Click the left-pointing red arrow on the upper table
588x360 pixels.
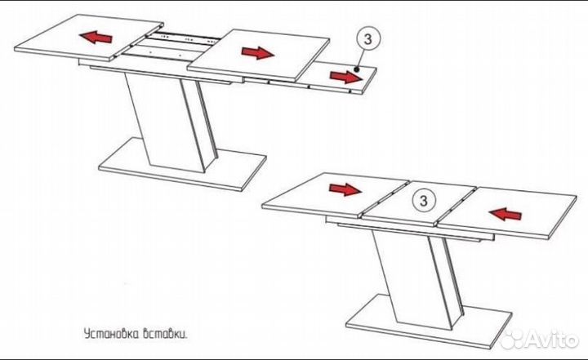tap(96, 37)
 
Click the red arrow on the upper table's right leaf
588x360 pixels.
tap(257, 53)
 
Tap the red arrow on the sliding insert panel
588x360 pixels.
tap(346, 77)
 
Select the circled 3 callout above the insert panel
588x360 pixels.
tap(367, 39)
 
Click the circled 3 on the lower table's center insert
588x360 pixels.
tap(423, 201)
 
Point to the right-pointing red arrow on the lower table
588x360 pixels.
tap(345, 189)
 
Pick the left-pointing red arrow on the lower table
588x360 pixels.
tap(505, 214)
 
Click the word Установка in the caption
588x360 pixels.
tap(110, 335)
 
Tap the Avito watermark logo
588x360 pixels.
tap(540, 340)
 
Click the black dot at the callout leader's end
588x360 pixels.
tap(356, 69)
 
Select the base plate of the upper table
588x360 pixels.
tap(183, 164)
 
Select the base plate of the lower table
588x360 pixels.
tap(429, 322)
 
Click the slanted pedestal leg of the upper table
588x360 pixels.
tap(171, 121)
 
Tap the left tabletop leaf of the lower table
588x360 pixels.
tap(335, 196)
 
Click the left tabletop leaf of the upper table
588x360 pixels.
tap(89, 38)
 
